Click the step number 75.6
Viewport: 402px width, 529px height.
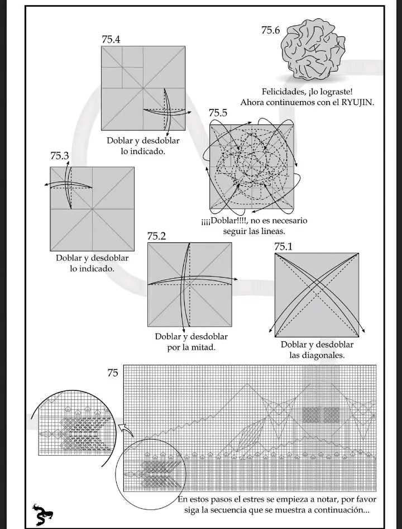click(x=270, y=30)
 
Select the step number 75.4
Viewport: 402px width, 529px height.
click(x=111, y=39)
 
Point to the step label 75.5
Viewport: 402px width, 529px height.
click(x=218, y=113)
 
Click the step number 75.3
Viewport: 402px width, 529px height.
click(x=59, y=155)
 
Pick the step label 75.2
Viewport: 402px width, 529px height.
click(x=156, y=236)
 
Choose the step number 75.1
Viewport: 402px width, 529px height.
click(x=283, y=246)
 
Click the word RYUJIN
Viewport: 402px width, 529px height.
click(x=357, y=102)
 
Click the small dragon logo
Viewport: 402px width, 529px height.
click(x=42, y=515)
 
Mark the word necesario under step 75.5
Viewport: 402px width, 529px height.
click(x=290, y=221)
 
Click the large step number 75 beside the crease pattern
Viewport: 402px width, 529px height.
click(x=113, y=373)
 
